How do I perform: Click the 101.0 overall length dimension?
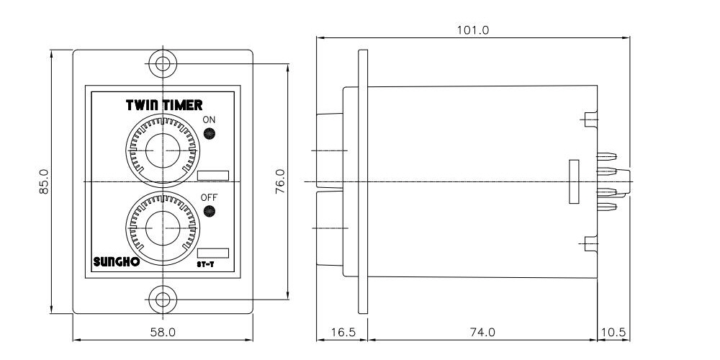point(473,31)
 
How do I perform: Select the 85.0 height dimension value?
point(44,181)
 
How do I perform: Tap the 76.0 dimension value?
point(281,181)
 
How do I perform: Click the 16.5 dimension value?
point(342,332)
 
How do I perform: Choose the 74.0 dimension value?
point(482,332)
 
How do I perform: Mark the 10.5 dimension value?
point(613,332)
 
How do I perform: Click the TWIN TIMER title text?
point(164,105)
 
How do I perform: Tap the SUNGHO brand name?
point(117,262)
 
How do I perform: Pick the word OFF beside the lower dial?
point(209,197)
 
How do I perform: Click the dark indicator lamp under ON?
point(210,133)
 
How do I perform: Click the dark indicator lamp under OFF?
point(210,211)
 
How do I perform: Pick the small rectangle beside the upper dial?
point(212,175)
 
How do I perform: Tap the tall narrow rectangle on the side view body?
point(574,181)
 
